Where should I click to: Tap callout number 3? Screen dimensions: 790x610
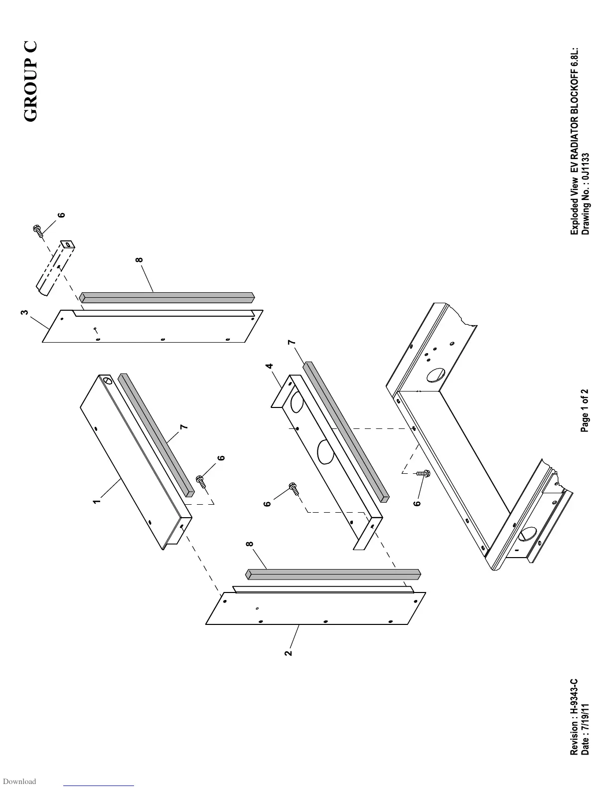[23, 313]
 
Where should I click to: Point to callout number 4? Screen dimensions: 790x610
[270, 366]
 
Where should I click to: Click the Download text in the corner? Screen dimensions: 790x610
[19, 782]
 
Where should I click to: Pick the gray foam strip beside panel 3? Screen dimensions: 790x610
[167, 297]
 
